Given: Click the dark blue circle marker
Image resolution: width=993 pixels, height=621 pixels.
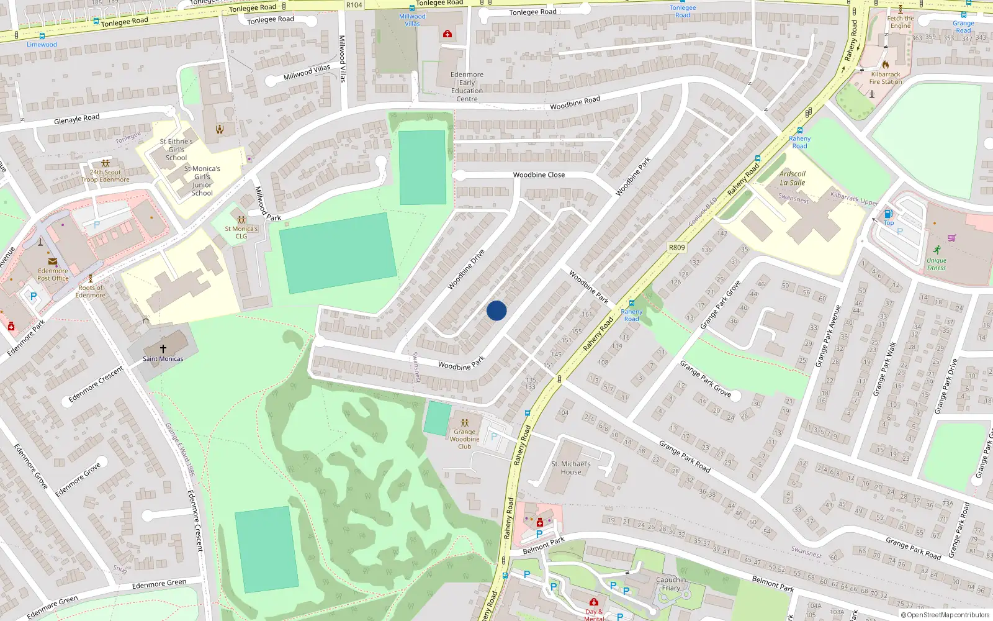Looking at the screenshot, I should tap(496, 310).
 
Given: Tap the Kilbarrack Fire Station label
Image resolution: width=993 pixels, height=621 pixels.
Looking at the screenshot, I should tap(886, 78).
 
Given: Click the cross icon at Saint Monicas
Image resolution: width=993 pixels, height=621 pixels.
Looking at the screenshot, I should tap(163, 349).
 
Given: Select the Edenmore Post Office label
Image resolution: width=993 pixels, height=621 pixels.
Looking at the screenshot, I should tap(53, 274).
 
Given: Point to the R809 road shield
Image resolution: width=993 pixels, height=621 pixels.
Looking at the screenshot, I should tap(676, 247).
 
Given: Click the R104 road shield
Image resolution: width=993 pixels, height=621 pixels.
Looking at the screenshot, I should tap(354, 5).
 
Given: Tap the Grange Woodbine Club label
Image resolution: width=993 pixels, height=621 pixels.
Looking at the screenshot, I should tap(464, 439).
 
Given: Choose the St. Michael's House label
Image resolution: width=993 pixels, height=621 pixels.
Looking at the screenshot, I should tap(571, 468).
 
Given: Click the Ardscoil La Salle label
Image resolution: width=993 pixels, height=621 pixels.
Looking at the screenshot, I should tap(793, 178).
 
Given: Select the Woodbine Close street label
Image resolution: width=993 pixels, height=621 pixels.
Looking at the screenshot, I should tap(539, 175).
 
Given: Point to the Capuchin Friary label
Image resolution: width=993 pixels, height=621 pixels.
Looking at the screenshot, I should tap(671, 584).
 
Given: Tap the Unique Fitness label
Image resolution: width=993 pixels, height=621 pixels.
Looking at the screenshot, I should tap(937, 264).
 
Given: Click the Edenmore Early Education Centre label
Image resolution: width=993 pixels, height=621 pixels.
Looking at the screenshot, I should tap(467, 86).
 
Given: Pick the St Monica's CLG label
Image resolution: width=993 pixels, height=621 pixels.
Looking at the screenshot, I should tap(241, 232).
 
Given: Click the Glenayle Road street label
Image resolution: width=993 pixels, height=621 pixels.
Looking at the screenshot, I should tap(76, 119).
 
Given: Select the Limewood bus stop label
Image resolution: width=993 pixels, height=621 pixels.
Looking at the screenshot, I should tap(42, 45).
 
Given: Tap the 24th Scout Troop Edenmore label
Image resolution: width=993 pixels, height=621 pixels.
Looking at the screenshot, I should tap(106, 176).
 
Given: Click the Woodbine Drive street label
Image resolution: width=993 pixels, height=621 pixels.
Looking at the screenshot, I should tap(466, 270).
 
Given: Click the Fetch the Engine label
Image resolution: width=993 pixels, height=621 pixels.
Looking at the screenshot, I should tap(901, 22).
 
